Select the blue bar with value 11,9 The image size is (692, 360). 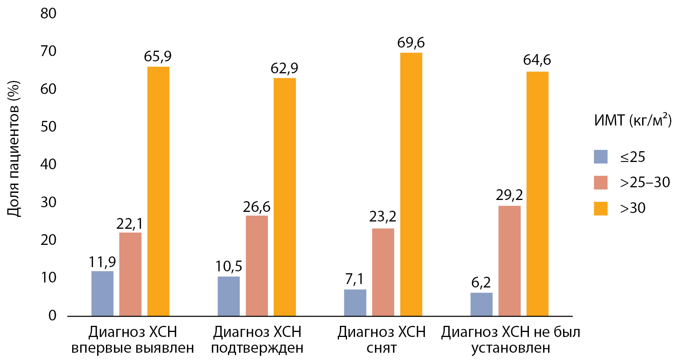point(102,294)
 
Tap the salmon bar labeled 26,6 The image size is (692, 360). point(257,266)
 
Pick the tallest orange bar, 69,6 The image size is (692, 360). point(411,184)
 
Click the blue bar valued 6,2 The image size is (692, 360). point(481,304)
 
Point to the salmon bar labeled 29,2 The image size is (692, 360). point(509,261)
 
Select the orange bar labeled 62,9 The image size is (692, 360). point(285,197)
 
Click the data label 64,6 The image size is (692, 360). point(537,60)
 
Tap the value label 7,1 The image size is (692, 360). point(354,279)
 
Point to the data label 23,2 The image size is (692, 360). point(383,217)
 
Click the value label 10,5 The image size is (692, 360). point(229,266)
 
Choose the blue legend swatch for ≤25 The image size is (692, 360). point(601,157)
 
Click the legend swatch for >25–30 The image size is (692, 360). point(601,182)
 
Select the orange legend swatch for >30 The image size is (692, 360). point(601,208)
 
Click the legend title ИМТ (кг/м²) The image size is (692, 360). point(633,121)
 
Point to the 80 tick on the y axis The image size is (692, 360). point(48,13)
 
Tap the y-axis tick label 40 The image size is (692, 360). point(48,164)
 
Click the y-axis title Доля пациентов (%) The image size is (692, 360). point(13,149)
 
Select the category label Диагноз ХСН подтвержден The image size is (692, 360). point(257,340)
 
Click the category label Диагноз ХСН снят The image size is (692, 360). point(382,340)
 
